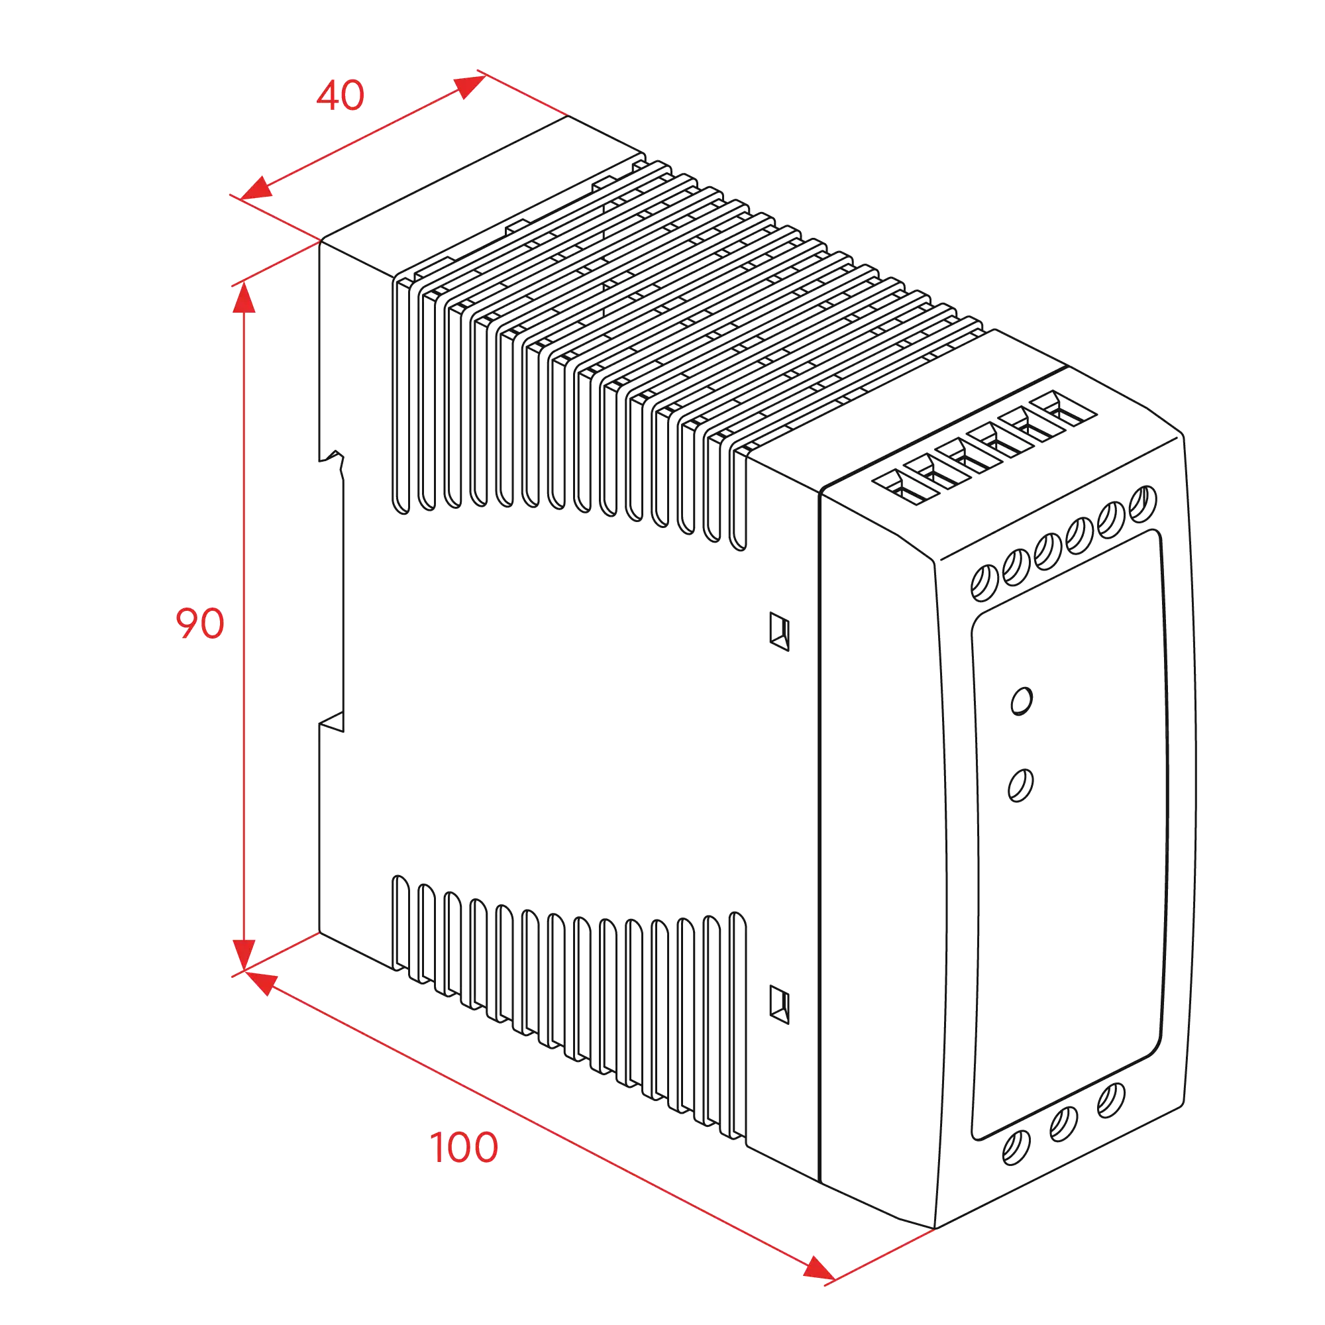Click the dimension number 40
(x=340, y=95)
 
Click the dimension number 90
(x=199, y=623)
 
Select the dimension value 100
(x=464, y=1147)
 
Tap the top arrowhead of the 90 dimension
(x=244, y=296)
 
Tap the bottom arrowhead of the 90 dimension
(x=244, y=955)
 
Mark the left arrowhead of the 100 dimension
(x=260, y=982)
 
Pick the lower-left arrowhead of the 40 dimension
(x=256, y=189)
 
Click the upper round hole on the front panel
(x=1021, y=701)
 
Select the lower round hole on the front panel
(x=1020, y=785)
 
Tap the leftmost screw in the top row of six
(x=985, y=583)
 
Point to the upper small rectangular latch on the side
(x=780, y=631)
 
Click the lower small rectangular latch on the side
(x=780, y=1005)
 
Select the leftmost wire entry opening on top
(x=905, y=488)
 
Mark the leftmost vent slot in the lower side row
(x=401, y=923)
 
